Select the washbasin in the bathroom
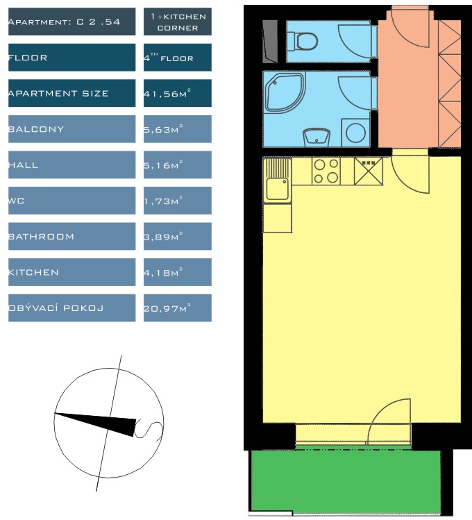click(317, 137)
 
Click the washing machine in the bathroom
click(355, 133)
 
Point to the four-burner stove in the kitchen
click(326, 171)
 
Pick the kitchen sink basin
click(277, 188)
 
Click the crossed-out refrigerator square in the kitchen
click(369, 171)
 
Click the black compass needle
click(96, 423)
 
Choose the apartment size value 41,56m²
click(167, 93)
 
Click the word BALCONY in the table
click(36, 129)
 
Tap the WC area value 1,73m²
click(163, 201)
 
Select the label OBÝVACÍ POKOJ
click(56, 308)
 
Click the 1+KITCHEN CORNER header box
click(177, 22)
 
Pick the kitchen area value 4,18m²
click(163, 272)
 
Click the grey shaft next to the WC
click(270, 42)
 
